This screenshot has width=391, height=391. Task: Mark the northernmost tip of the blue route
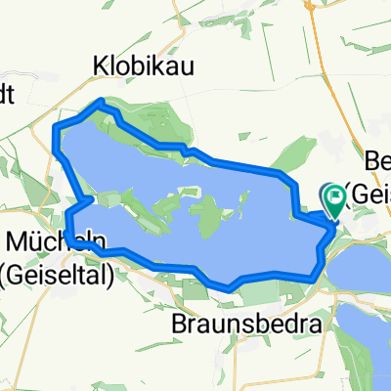click(101, 102)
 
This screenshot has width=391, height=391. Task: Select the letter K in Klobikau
click(100, 65)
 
